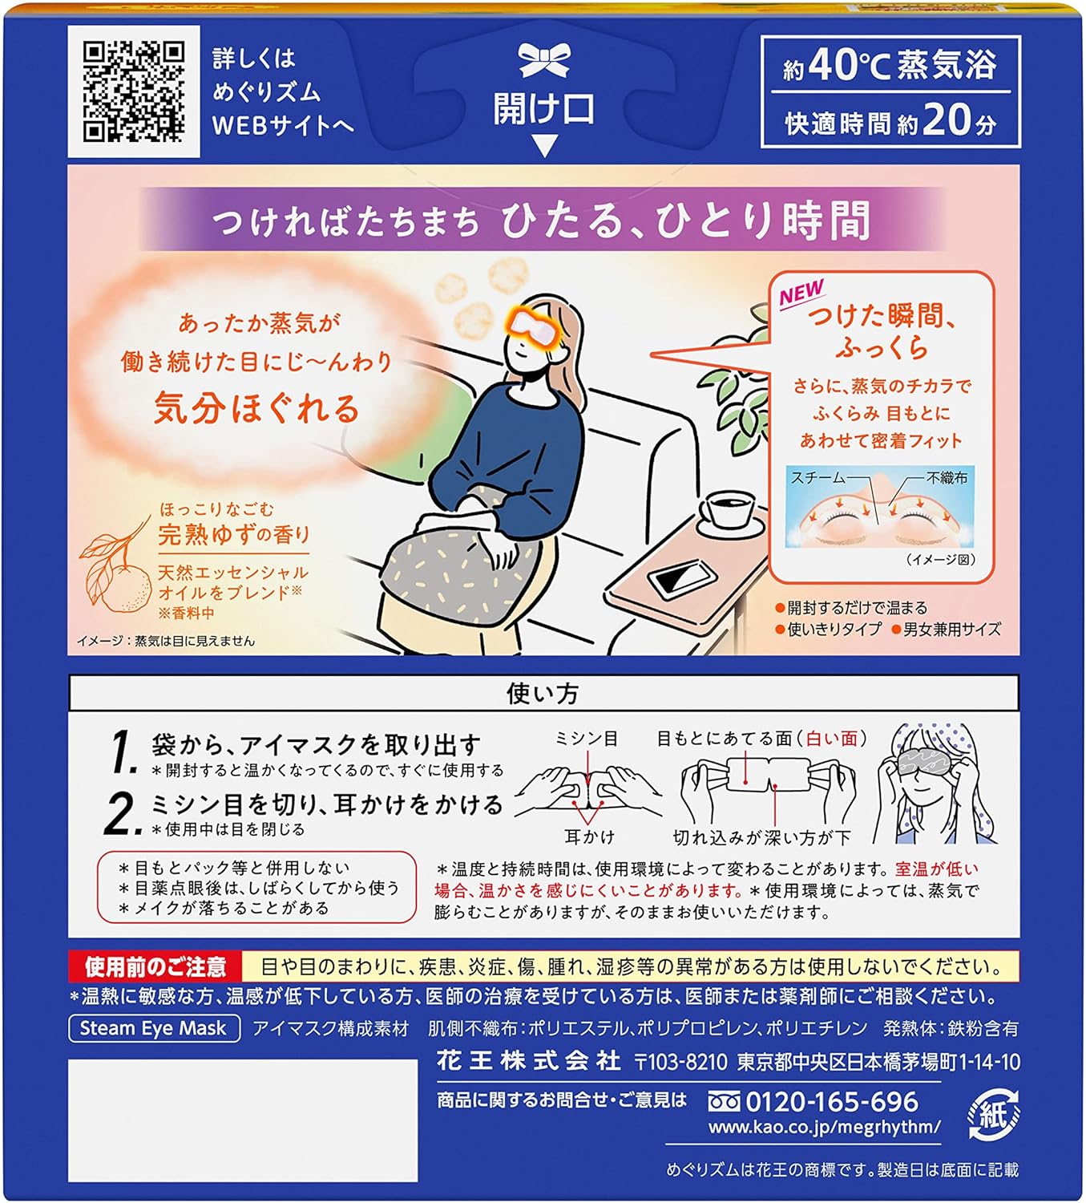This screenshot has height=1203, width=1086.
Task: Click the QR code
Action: pyautogui.click(x=134, y=91)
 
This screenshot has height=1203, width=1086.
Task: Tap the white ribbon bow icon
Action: pyautogui.click(x=544, y=60)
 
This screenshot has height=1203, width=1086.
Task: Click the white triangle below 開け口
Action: pyautogui.click(x=544, y=145)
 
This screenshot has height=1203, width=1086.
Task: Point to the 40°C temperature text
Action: pyautogui.click(x=849, y=66)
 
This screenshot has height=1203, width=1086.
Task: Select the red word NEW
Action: pyautogui.click(x=801, y=293)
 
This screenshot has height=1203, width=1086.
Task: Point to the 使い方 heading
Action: pyautogui.click(x=543, y=694)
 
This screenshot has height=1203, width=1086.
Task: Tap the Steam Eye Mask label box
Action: pyautogui.click(x=154, y=1028)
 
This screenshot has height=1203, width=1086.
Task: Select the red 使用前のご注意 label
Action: pyautogui.click(x=155, y=966)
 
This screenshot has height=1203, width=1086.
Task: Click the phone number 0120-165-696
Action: pyautogui.click(x=832, y=1101)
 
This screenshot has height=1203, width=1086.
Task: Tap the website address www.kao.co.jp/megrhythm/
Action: pyautogui.click(x=824, y=1127)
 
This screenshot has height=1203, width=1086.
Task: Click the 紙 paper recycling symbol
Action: pyautogui.click(x=993, y=1115)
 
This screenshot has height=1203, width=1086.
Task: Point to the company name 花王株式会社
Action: pyautogui.click(x=529, y=1062)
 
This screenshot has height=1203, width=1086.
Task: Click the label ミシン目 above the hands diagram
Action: pyautogui.click(x=587, y=739)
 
